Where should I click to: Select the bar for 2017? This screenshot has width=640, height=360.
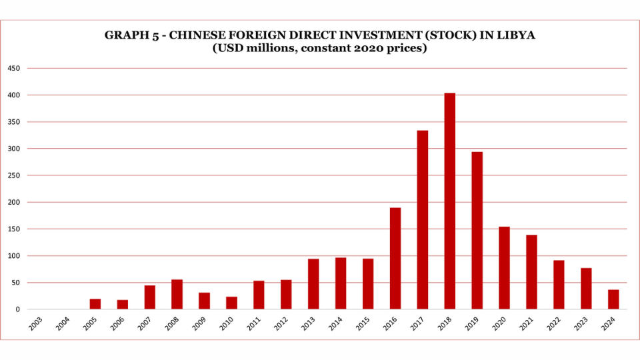pos(422,219)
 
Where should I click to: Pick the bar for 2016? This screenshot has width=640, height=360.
pos(395,258)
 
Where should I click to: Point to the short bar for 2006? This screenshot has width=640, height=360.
pos(123,305)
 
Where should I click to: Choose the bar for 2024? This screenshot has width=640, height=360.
pos(613,299)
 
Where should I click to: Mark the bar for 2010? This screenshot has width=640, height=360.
pos(231,303)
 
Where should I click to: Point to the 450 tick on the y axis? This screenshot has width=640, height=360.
pos(14,69)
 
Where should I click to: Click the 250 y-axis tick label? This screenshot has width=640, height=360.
pos(14,175)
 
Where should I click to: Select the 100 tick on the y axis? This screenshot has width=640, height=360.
pos(14,256)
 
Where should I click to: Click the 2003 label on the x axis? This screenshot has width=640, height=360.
pos(37,325)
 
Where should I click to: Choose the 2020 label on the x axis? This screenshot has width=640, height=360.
pos(500,325)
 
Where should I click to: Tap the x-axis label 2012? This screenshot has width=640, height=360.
pos(282,325)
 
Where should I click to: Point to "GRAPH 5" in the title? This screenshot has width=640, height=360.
pos(128,35)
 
